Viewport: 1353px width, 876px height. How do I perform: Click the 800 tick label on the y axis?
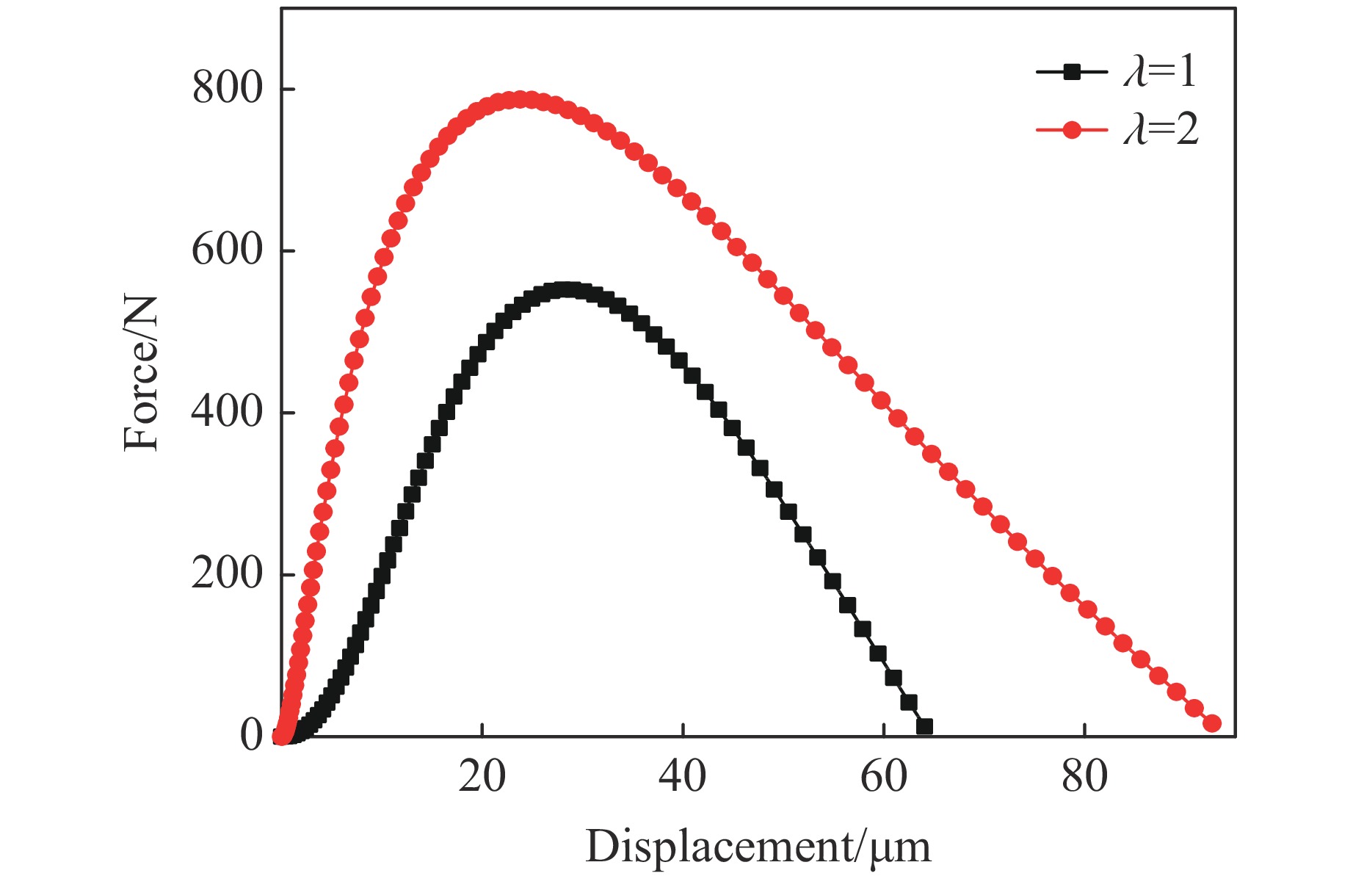(227, 89)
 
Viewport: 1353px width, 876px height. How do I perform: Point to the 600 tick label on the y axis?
(227, 250)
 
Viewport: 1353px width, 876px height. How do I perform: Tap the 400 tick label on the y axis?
(227, 412)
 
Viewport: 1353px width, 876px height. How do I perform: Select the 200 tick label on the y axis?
(227, 573)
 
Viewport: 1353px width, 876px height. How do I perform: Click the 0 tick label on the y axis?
(251, 736)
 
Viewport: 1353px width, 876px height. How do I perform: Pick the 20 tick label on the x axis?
(482, 777)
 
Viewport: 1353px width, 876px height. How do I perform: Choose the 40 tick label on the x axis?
(683, 777)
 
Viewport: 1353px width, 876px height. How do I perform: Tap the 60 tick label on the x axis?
(884, 777)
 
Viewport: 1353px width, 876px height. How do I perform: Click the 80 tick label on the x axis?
(1084, 777)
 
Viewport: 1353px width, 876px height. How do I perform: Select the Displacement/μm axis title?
(758, 847)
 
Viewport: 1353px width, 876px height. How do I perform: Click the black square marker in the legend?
(1072, 72)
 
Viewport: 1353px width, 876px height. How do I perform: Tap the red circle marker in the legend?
(1072, 130)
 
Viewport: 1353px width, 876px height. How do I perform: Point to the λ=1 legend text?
(1160, 72)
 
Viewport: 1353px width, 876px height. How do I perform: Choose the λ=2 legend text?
(1161, 130)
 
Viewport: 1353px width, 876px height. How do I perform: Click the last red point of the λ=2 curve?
(1212, 723)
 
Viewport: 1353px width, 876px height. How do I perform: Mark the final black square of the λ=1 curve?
(924, 727)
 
